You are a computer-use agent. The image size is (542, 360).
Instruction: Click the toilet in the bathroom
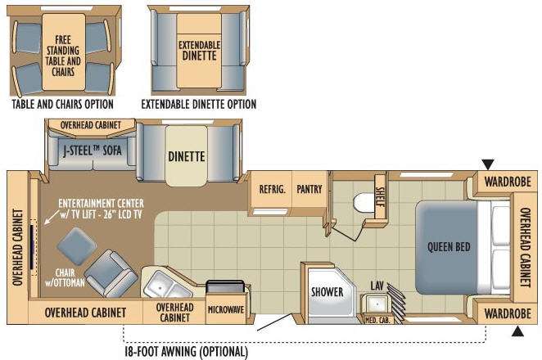click(x=364, y=205)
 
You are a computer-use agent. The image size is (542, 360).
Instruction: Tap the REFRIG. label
click(x=273, y=189)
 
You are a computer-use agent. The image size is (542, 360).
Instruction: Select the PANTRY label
click(x=309, y=189)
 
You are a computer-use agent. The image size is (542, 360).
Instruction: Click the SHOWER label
click(x=327, y=292)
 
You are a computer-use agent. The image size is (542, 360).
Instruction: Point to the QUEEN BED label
click(x=449, y=247)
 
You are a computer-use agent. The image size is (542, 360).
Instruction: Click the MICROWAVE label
click(x=226, y=309)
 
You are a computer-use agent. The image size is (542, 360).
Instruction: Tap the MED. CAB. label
click(x=377, y=320)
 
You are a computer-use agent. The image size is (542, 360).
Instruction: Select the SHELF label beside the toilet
click(x=380, y=196)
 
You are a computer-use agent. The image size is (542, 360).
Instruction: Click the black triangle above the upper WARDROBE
click(x=488, y=164)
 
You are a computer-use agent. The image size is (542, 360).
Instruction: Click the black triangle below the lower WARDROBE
click(x=517, y=331)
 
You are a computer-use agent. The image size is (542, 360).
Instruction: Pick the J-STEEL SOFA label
click(x=93, y=151)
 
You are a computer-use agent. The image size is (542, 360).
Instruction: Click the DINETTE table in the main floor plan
click(x=187, y=155)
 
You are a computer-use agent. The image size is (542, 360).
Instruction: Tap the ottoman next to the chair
click(x=76, y=246)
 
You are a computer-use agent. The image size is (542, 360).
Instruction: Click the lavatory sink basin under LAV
click(x=377, y=304)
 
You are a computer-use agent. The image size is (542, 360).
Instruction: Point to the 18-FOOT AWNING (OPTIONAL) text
click(x=187, y=352)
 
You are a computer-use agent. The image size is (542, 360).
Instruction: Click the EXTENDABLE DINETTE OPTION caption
click(x=199, y=104)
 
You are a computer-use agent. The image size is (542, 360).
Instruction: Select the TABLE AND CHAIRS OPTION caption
click(x=62, y=104)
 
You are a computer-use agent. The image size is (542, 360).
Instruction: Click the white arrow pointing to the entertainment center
click(x=51, y=217)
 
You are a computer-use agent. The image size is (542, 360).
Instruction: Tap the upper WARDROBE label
click(x=508, y=182)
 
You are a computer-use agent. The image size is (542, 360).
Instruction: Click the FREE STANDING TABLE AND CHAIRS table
click(x=63, y=52)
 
